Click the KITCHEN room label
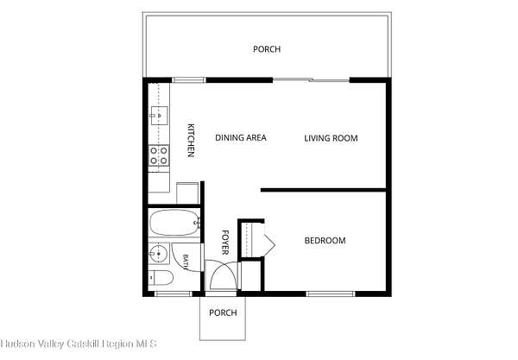tap(191, 140)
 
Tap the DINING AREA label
tap(241, 138)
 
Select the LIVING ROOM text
tap(331, 138)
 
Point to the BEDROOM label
tap(325, 241)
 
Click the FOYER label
tap(225, 243)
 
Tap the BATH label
tap(186, 262)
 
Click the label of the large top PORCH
tap(267, 49)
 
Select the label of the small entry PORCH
tap(223, 313)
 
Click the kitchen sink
tap(159, 116)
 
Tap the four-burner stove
tap(159, 155)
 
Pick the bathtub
tap(174, 222)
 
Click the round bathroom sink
tap(159, 253)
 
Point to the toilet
tap(161, 278)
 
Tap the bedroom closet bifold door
tap(268, 239)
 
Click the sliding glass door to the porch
tap(311, 80)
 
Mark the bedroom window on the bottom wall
tap(331, 294)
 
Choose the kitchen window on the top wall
tap(189, 80)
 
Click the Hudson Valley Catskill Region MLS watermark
tap(79, 344)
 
